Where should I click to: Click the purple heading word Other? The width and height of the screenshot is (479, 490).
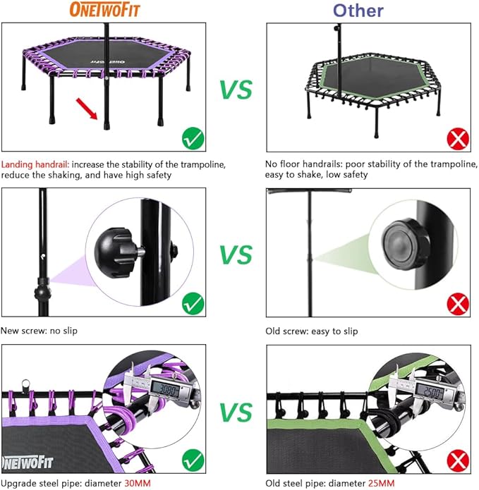point(358,10)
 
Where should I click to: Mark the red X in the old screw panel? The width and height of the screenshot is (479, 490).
point(459,304)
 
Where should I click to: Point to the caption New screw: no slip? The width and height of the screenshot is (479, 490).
point(40,331)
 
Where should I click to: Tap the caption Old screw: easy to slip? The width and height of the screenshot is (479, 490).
point(311,331)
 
